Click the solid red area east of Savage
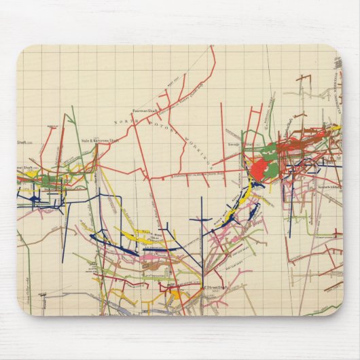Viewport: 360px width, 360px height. point(259,167)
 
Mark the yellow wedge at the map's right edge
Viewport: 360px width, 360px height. point(335,128)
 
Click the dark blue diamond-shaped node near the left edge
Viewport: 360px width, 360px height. point(33,199)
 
